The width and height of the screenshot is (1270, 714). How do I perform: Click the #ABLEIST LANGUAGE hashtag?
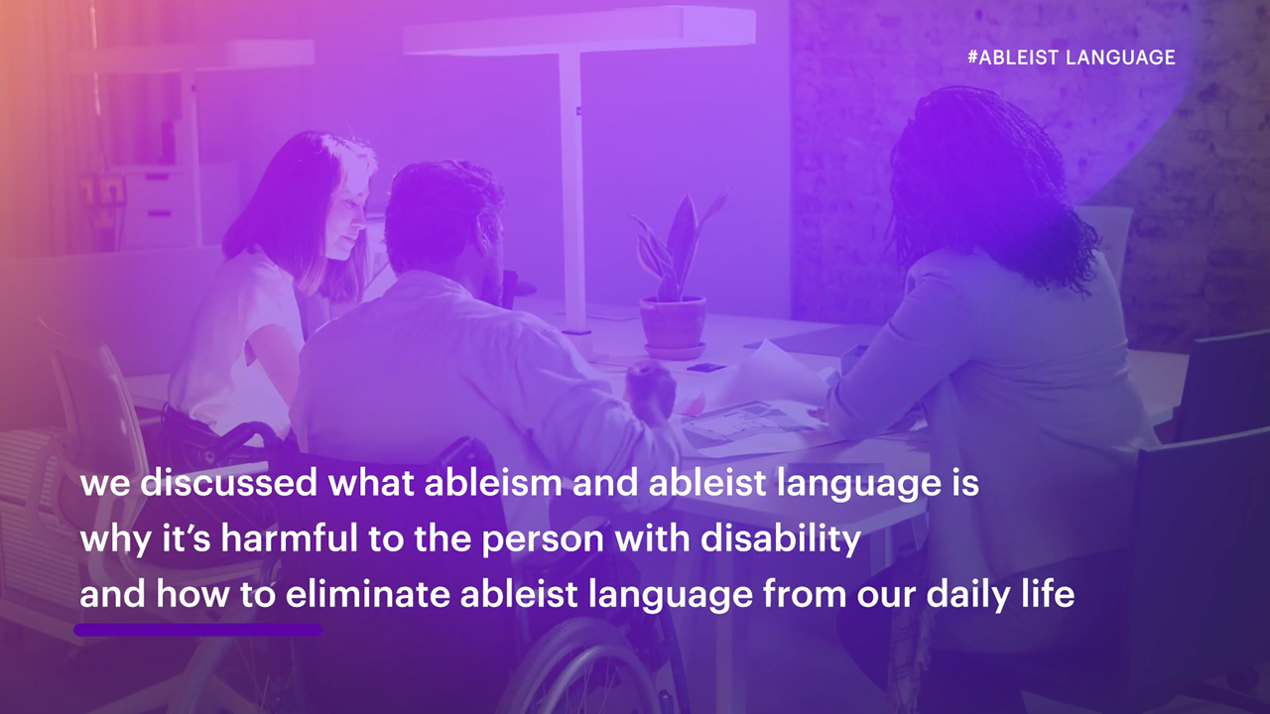pos(1071,58)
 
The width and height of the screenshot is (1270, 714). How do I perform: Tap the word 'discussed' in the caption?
pos(228,483)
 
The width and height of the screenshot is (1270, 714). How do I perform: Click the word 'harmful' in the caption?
pos(289,538)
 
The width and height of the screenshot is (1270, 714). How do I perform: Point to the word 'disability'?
pos(781,538)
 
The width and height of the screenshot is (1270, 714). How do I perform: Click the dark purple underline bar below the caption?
pos(197,630)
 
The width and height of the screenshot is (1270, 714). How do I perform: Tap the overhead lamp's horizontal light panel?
pos(579,31)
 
